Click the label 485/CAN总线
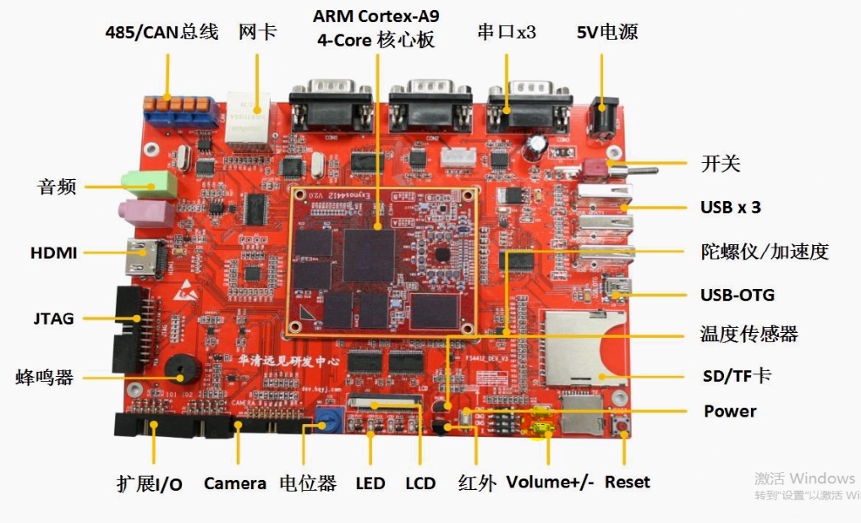coord(161,33)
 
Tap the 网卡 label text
coord(257,33)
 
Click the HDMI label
coord(53,253)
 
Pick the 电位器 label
coord(308,483)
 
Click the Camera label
coord(235,483)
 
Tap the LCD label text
coord(420,483)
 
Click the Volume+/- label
coord(550,482)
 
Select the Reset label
coord(628,482)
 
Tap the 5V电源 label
coord(606,33)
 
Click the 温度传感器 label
coord(749,335)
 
